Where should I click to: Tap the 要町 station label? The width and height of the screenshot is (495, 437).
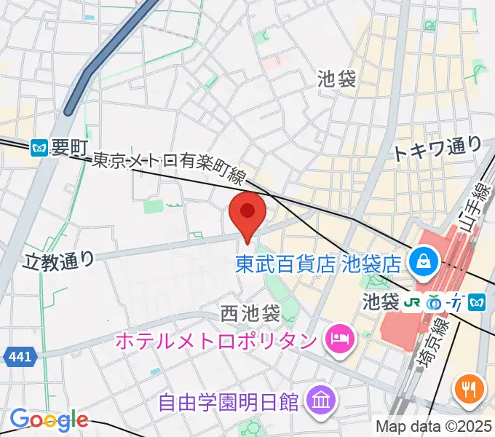[69, 148]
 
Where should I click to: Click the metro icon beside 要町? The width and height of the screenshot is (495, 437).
[40, 149]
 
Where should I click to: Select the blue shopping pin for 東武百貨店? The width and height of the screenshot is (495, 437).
[421, 260]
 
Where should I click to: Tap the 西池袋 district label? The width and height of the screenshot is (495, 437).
[250, 315]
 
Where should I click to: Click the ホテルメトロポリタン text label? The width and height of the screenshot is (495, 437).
[216, 339]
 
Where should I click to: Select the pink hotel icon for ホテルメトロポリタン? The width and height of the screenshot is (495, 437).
[338, 338]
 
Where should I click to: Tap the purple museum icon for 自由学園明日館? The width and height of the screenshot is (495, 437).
[320, 399]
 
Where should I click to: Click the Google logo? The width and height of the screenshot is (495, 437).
[49, 420]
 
